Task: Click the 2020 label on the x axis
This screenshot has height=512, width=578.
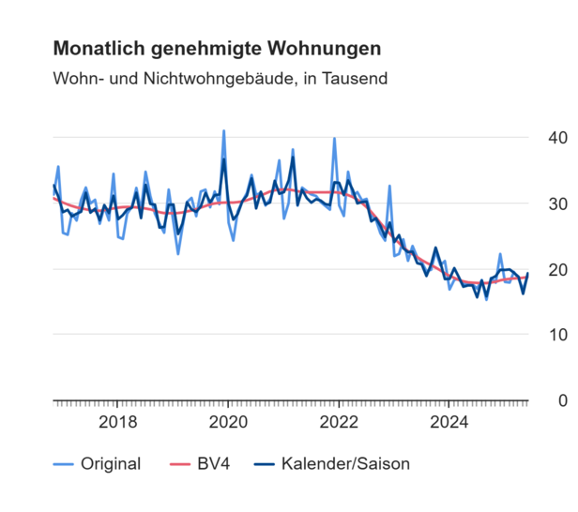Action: click(x=229, y=422)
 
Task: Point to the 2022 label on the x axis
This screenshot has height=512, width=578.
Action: click(x=339, y=422)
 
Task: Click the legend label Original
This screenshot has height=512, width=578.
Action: click(x=111, y=463)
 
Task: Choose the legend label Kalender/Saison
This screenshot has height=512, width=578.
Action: click(x=345, y=463)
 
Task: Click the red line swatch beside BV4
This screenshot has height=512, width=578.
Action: click(x=178, y=463)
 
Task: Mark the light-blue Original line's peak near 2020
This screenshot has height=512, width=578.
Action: click(x=223, y=131)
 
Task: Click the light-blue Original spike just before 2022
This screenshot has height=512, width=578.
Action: click(x=334, y=139)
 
